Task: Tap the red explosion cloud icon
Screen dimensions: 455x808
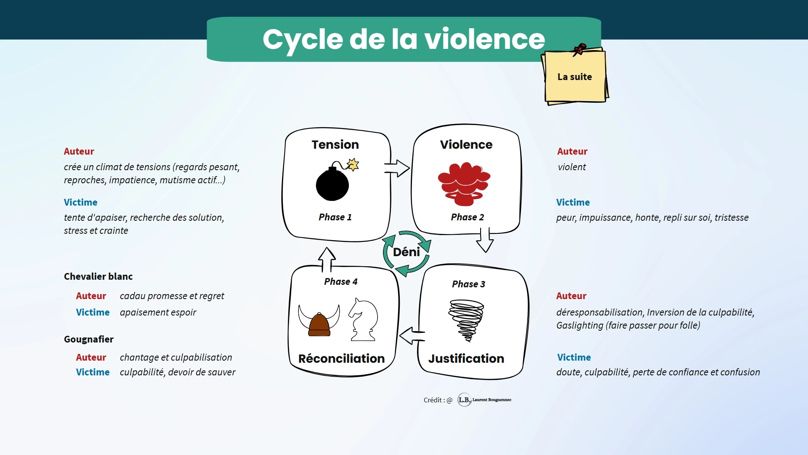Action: pyautogui.click(x=464, y=183)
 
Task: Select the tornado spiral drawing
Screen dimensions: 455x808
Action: pyautogui.click(x=466, y=319)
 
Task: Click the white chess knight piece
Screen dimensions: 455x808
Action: pyautogui.click(x=363, y=320)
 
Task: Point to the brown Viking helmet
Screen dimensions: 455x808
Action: pyautogui.click(x=319, y=324)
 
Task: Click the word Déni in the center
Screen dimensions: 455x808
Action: pyautogui.click(x=407, y=252)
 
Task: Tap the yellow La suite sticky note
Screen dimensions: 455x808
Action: pyautogui.click(x=575, y=77)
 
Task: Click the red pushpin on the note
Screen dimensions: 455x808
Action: pyautogui.click(x=579, y=49)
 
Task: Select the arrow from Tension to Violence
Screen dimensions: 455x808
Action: pyautogui.click(x=396, y=168)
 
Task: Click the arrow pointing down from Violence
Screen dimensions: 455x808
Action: pyautogui.click(x=485, y=240)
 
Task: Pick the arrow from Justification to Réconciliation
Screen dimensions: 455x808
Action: pyautogui.click(x=412, y=336)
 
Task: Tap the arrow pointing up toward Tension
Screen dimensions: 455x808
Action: pyautogui.click(x=327, y=259)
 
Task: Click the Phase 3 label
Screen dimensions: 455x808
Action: pyautogui.click(x=468, y=284)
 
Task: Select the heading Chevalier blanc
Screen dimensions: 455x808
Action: pyautogui.click(x=98, y=276)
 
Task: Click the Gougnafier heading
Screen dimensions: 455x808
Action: pyautogui.click(x=89, y=339)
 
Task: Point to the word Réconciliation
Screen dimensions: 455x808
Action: pyautogui.click(x=341, y=359)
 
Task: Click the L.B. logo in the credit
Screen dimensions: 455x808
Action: pyautogui.click(x=464, y=400)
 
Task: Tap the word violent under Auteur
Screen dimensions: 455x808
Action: pyautogui.click(x=571, y=167)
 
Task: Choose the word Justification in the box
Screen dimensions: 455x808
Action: pyautogui.click(x=466, y=359)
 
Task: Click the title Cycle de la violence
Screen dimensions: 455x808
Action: pyautogui.click(x=404, y=40)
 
